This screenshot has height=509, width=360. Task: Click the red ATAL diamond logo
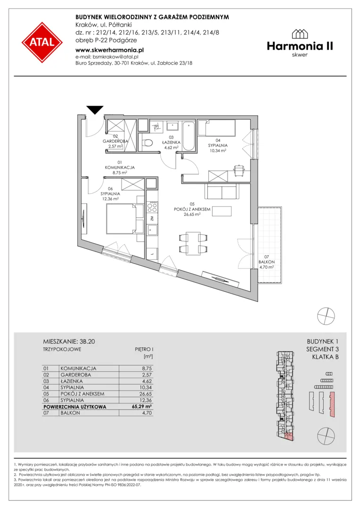pyautogui.click(x=42, y=42)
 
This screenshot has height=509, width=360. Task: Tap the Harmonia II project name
pyautogui.click(x=300, y=46)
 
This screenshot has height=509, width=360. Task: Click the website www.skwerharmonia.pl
pyautogui.click(x=109, y=50)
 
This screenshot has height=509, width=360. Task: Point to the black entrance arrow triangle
pyautogui.click(x=95, y=110)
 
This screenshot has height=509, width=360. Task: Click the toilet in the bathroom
pyautogui.click(x=148, y=143)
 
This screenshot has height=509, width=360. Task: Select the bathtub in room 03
pyautogui.click(x=188, y=136)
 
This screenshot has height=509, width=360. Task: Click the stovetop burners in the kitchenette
pyautogui.click(x=152, y=206)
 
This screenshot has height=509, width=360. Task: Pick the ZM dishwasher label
pyautogui.click(x=152, y=219)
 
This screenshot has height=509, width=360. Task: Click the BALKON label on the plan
pyautogui.click(x=267, y=262)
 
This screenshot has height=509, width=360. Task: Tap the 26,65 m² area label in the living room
pyautogui.click(x=192, y=214)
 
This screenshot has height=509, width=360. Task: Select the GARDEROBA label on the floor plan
pyautogui.click(x=115, y=141)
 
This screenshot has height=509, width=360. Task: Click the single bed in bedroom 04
pyautogui.click(x=217, y=128)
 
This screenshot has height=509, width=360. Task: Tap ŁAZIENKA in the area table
pyautogui.click(x=71, y=381)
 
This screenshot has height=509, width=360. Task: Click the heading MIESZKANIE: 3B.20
pyautogui.click(x=69, y=342)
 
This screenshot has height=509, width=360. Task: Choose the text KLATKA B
pyautogui.click(x=325, y=357)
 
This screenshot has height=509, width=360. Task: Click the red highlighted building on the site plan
pyautogui.click(x=332, y=404)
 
